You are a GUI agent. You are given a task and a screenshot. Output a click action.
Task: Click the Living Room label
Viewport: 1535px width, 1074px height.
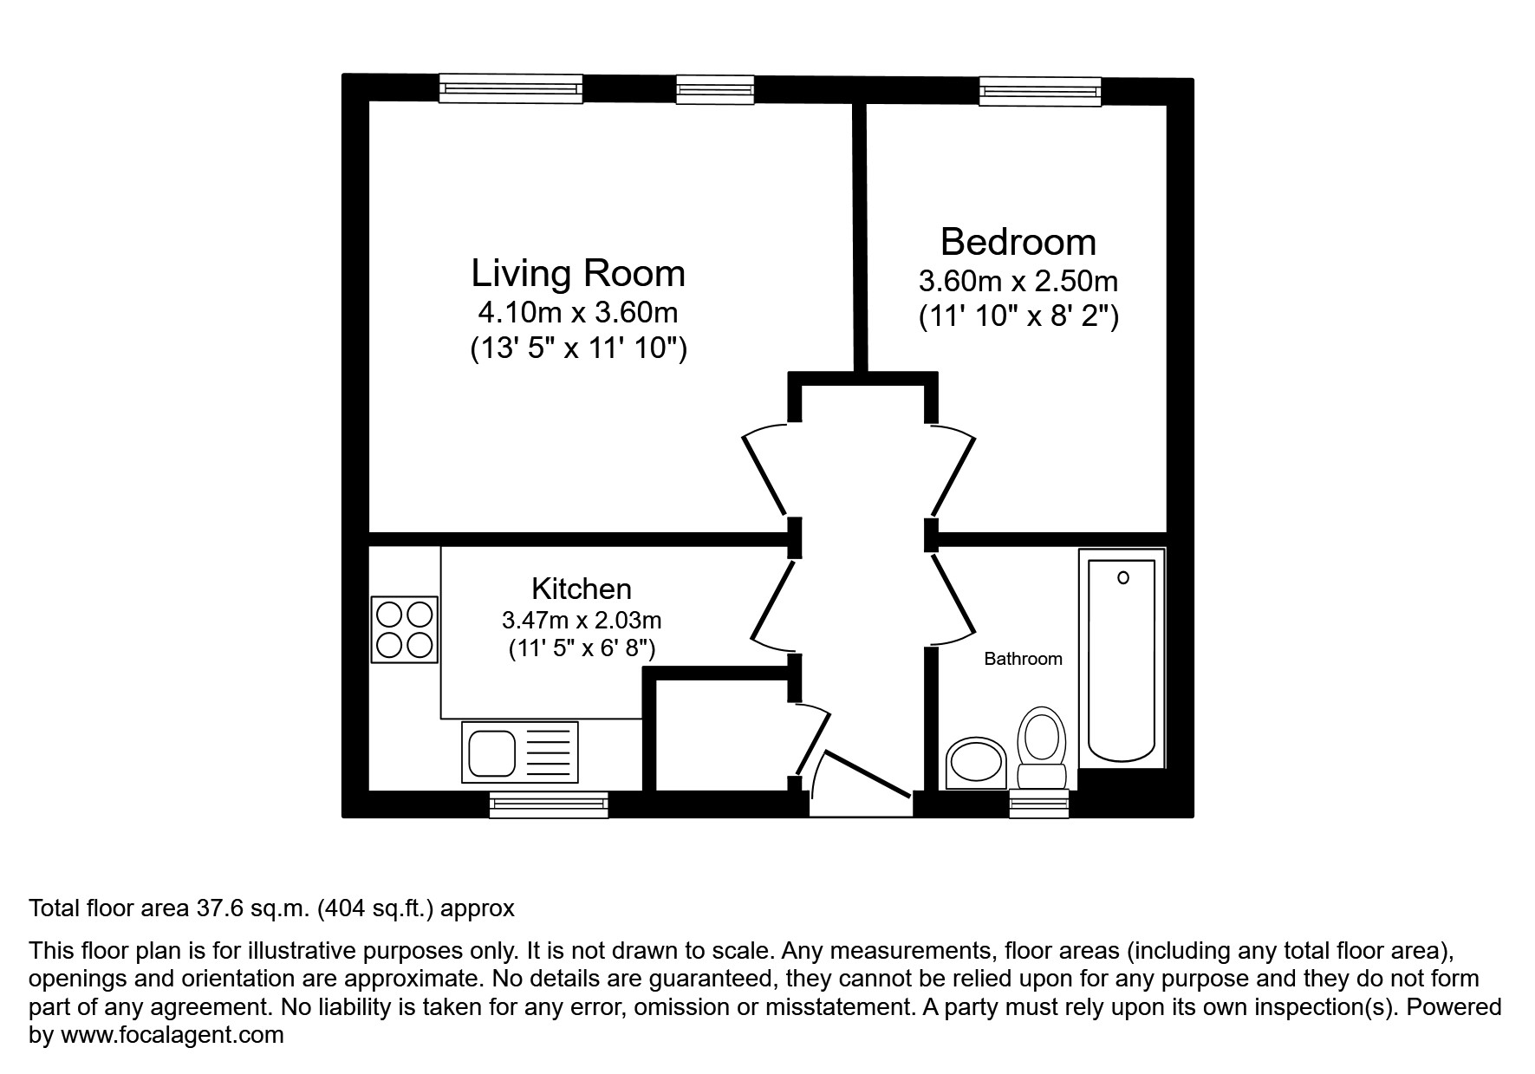(x=578, y=273)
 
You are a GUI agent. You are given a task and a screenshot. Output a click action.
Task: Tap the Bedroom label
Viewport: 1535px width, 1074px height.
(x=1018, y=242)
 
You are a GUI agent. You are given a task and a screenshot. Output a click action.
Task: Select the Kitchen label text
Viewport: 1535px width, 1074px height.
(x=581, y=589)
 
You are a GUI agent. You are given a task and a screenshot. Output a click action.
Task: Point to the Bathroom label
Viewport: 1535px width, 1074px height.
(x=1023, y=659)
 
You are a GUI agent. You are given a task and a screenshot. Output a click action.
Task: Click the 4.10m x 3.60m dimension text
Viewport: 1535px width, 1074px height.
(x=578, y=311)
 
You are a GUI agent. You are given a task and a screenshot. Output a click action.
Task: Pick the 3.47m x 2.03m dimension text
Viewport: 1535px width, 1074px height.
(x=581, y=621)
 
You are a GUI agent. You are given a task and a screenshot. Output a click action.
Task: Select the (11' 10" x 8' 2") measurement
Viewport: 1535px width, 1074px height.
(x=1018, y=316)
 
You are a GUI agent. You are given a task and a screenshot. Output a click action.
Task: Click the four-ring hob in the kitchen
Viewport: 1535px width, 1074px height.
(x=405, y=630)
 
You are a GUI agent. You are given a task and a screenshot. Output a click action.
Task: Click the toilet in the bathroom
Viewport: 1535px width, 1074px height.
(x=1041, y=749)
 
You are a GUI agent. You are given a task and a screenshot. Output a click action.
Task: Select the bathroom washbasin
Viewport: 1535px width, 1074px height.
(x=975, y=763)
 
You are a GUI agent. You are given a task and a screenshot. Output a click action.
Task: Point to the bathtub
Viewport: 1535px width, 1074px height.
(x=1122, y=659)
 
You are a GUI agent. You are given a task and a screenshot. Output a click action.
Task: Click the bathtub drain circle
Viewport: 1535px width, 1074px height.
(x=1123, y=577)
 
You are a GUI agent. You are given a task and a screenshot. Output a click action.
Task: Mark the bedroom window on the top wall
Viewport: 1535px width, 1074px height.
(x=1040, y=91)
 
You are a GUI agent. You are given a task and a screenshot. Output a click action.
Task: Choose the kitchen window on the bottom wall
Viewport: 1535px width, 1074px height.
(x=549, y=805)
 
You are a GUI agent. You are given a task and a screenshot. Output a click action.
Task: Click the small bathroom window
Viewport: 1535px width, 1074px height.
(x=1039, y=804)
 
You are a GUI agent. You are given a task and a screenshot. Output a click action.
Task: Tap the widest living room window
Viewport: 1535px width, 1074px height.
(x=511, y=88)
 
